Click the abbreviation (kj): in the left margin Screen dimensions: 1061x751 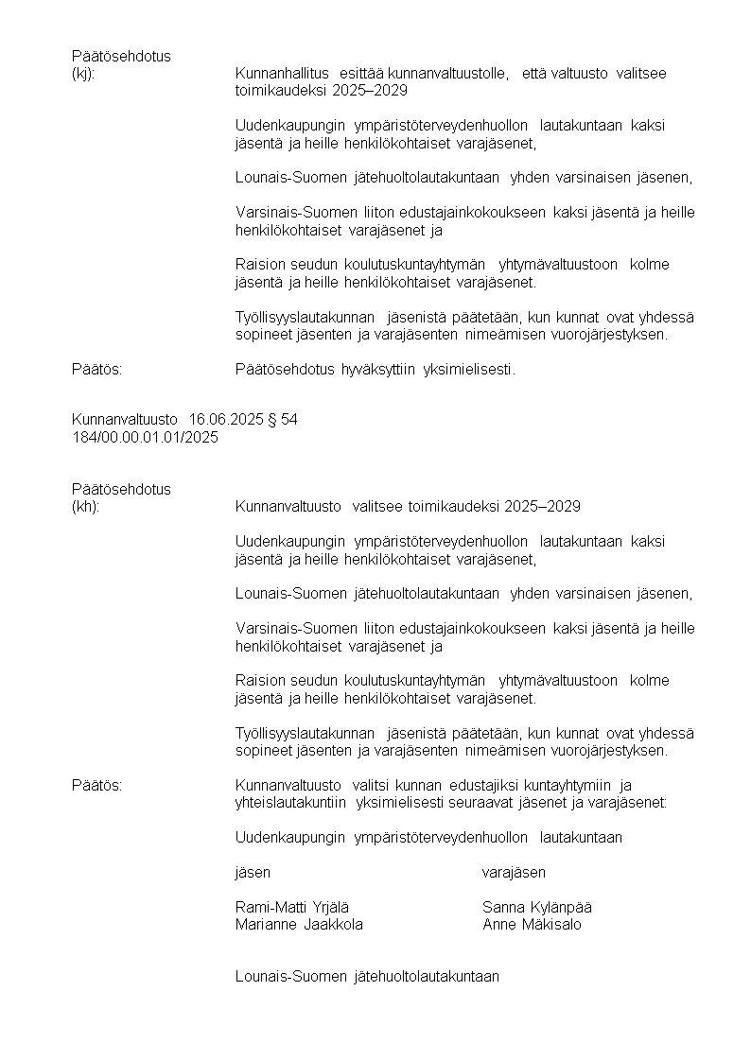coord(83,74)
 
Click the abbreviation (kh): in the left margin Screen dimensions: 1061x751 coord(85,507)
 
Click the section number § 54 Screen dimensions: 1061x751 coord(283,420)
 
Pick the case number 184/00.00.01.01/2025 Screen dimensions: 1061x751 coord(145,437)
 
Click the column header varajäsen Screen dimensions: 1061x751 coord(514,872)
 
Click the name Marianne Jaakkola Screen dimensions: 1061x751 coord(299,925)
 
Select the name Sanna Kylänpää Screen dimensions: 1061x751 coord(537,908)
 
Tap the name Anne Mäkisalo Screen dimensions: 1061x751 coord(532,925)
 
